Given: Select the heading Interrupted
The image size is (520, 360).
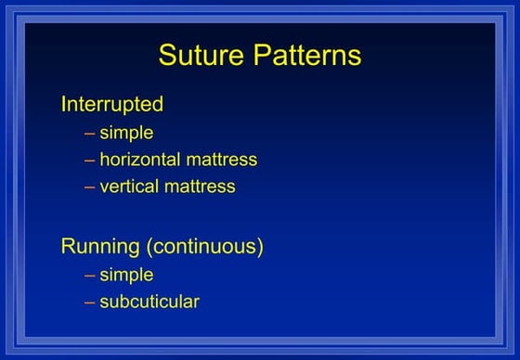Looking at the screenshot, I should click(x=112, y=104).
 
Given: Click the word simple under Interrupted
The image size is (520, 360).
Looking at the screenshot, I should click(x=126, y=133).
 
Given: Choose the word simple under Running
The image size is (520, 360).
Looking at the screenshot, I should click(x=126, y=275).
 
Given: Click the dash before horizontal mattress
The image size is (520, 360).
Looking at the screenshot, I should click(x=89, y=160).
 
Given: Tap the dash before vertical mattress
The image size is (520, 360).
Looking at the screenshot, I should click(x=89, y=186).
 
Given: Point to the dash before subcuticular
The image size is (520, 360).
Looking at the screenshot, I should click(x=89, y=302).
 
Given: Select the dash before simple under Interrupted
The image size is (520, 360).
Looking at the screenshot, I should click(x=89, y=133).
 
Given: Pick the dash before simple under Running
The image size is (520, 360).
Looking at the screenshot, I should click(x=89, y=275).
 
